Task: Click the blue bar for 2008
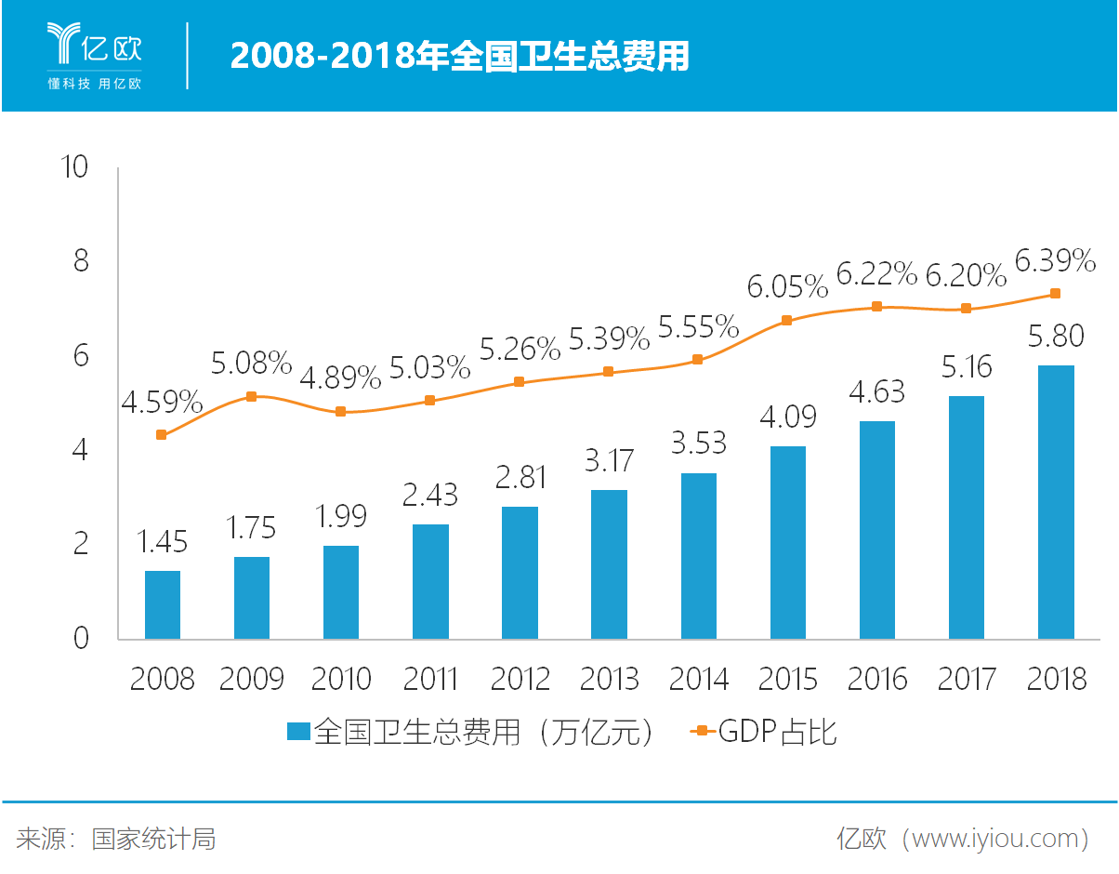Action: point(163,604)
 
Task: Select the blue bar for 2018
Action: point(1056,502)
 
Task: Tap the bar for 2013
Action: point(609,564)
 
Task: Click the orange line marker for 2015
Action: point(786,321)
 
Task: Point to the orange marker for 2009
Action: point(251,397)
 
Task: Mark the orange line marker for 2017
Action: point(966,309)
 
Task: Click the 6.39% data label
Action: point(1055,262)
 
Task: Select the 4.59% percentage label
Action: point(162,403)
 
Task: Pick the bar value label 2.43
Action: point(429,495)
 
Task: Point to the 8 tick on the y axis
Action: point(81,261)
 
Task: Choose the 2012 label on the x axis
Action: point(520,680)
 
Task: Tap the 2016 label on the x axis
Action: point(876,680)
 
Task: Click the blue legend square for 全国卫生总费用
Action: point(297,733)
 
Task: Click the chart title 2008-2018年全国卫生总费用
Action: point(460,57)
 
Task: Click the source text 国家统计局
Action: point(153,840)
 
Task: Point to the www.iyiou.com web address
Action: point(995,840)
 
